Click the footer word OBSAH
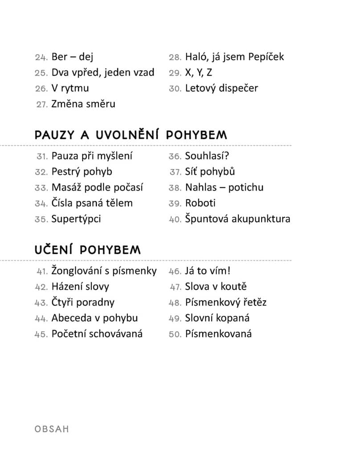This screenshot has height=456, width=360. pyautogui.click(x=52, y=429)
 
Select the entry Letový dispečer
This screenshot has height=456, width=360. pyautogui.click(x=221, y=88)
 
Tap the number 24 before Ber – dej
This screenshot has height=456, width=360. pyautogui.click(x=41, y=57)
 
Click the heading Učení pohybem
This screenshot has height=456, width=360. pyautogui.click(x=87, y=250)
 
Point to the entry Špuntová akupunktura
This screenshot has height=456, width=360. pyautogui.click(x=237, y=219)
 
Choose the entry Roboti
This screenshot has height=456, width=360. pyautogui.click(x=200, y=203)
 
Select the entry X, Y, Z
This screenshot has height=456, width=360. pyautogui.click(x=198, y=73)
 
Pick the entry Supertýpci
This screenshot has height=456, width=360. pyautogui.click(x=76, y=219)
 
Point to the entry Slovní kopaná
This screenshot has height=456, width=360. pyautogui.click(x=217, y=318)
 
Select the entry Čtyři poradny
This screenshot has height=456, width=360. pyautogui.click(x=83, y=302)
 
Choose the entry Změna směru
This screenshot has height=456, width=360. pyautogui.click(x=83, y=104)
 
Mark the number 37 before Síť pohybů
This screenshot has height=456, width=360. pyautogui.click(x=175, y=172)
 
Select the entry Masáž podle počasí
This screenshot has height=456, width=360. pyautogui.click(x=97, y=187)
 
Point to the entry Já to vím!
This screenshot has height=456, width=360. pyautogui.click(x=207, y=271)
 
